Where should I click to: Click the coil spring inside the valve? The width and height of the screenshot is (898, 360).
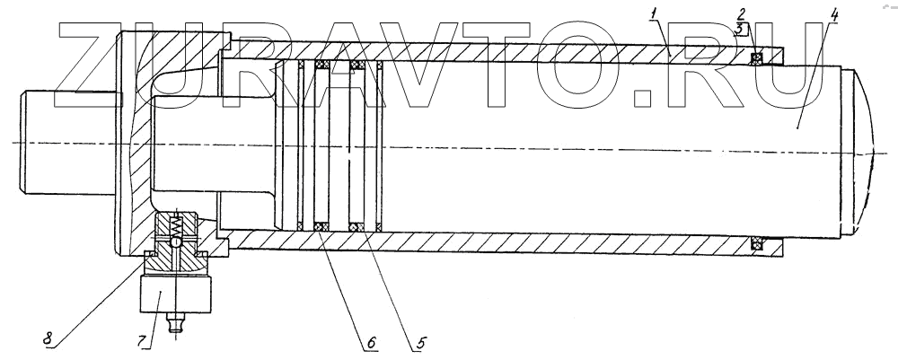click(178, 222)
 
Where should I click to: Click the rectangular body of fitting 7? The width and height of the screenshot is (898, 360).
click(178, 293)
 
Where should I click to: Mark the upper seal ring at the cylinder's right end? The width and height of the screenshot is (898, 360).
click(757, 59)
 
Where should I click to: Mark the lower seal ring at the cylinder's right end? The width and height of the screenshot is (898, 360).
click(757, 242)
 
